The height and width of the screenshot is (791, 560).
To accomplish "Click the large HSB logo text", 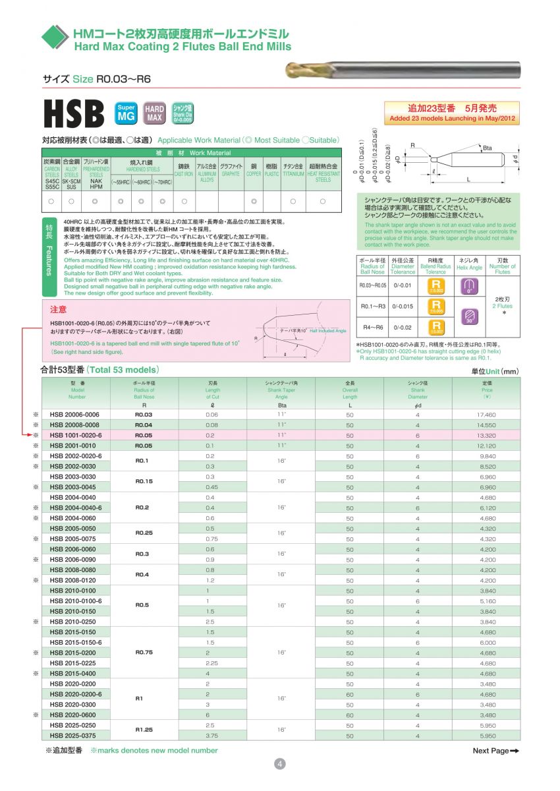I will (74, 114).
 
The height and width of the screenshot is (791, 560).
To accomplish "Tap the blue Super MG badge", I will (126, 113).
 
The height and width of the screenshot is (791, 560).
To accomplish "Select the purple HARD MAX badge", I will (154, 113).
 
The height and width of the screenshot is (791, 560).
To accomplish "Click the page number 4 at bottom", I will (279, 763).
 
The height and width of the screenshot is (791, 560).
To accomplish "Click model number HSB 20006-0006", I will (74, 415).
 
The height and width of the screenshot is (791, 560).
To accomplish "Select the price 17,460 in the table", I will (486, 415).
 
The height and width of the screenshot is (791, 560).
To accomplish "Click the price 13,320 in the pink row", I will (486, 436).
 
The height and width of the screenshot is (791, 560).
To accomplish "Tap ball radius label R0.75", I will (144, 653).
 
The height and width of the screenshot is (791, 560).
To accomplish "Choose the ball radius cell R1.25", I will (144, 730).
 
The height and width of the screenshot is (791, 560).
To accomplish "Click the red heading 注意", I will (58, 308).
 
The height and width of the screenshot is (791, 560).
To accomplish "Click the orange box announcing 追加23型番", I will (451, 112).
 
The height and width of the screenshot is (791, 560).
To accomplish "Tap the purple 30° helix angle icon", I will (469, 316).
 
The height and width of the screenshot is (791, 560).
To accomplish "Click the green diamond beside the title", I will (54, 38).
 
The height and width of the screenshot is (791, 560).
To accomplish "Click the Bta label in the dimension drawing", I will (487, 148).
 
